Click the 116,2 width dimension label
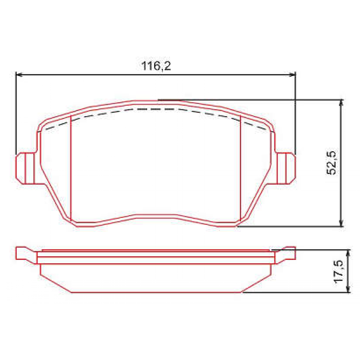[156, 66]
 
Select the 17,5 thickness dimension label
[339, 271]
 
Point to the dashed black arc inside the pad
[156, 109]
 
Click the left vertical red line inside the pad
[70, 168]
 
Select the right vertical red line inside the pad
[241, 168]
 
